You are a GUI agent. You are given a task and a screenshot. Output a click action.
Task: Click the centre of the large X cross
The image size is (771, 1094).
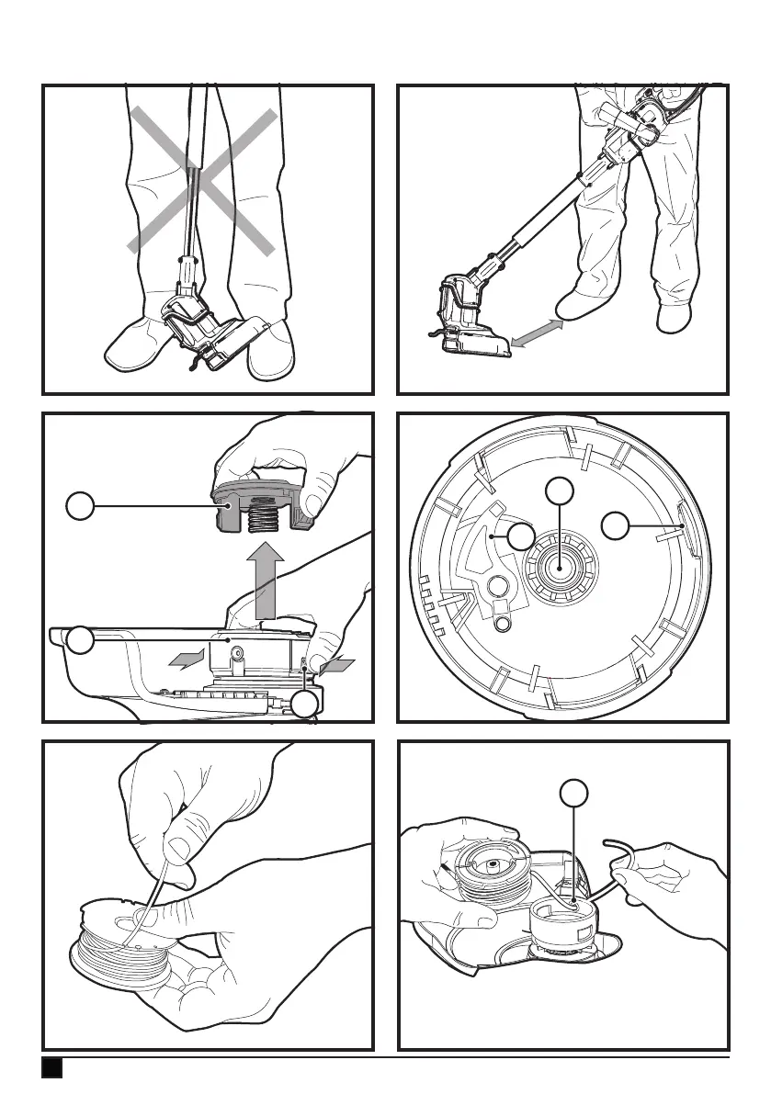pos(202,179)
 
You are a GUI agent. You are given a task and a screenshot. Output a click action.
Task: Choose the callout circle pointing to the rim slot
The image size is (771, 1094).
pos(616,526)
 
